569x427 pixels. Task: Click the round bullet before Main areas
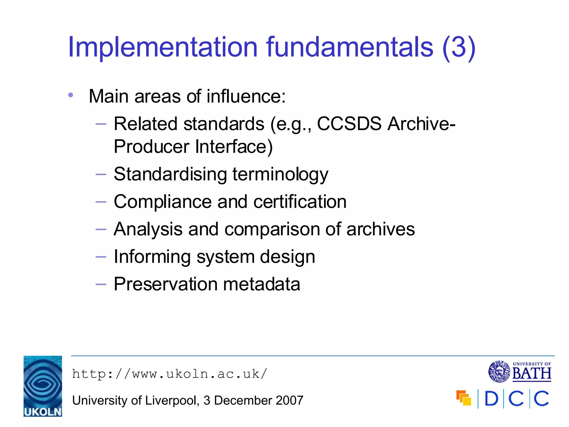pyautogui.click(x=71, y=95)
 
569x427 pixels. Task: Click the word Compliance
pyautogui.click(x=163, y=202)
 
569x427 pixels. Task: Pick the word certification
pyautogui.click(x=300, y=202)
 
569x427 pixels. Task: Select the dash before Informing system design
pyautogui.click(x=101, y=257)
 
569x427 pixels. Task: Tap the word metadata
pyautogui.click(x=261, y=284)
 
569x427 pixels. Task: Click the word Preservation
pyautogui.click(x=166, y=284)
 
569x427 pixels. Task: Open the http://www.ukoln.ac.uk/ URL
pyautogui.click(x=169, y=374)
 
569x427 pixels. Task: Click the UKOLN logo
pyautogui.click(x=43, y=386)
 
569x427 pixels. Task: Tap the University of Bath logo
pyautogui.click(x=520, y=372)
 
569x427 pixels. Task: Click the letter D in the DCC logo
pyautogui.click(x=491, y=399)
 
